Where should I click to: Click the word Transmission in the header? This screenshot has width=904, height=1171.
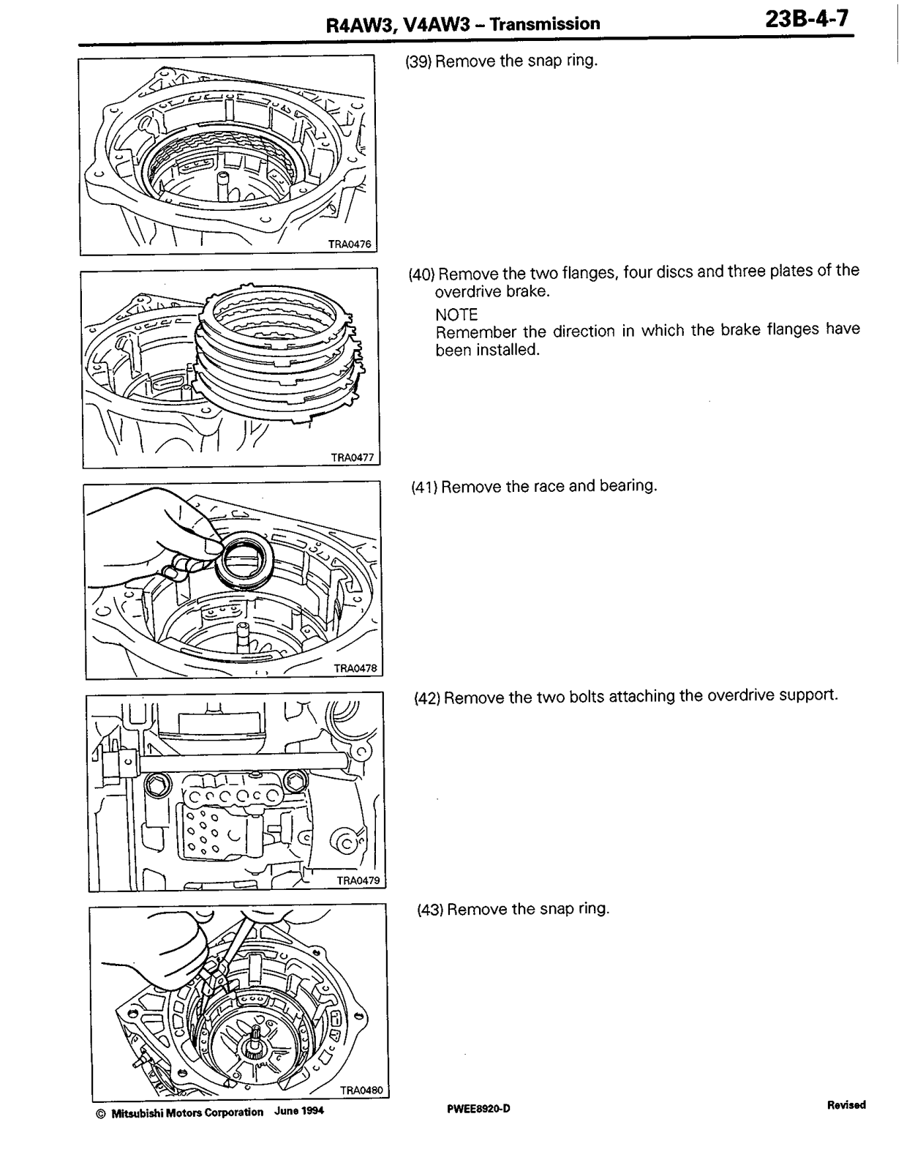point(544,24)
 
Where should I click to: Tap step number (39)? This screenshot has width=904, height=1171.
point(418,61)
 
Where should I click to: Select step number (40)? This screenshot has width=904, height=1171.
point(421,274)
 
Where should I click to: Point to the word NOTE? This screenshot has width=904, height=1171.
point(456,315)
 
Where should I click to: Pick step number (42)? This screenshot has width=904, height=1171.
point(427,697)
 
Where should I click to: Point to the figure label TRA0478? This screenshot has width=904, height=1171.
point(355,668)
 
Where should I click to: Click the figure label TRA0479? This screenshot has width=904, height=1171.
point(358,881)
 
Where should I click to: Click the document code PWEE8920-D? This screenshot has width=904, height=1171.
point(478,1110)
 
